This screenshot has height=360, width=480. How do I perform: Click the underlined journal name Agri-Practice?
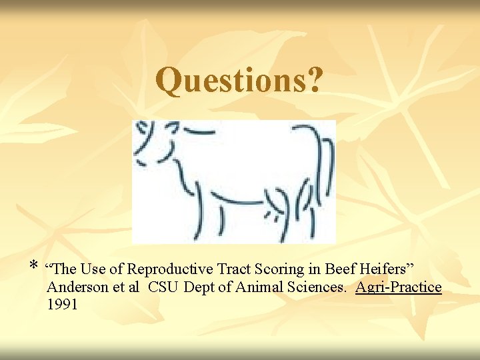[399, 288]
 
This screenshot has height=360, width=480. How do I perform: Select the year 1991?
[62, 305]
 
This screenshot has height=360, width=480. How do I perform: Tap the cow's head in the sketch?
[155, 143]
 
